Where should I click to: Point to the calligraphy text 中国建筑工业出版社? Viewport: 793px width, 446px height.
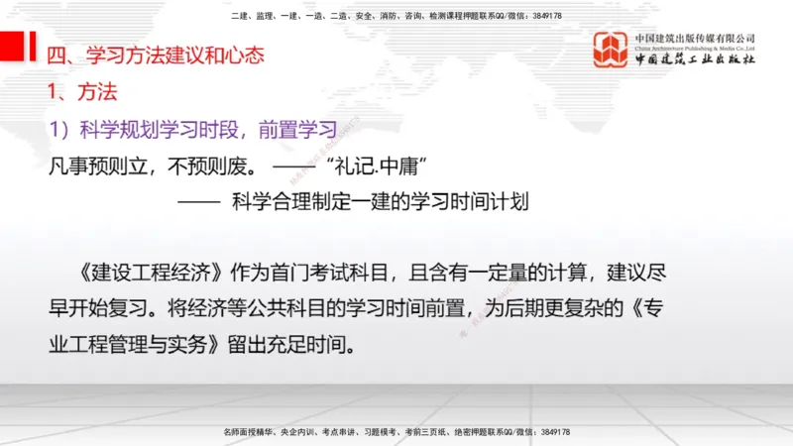[x=695, y=59]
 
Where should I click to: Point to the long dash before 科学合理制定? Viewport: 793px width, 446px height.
[x=198, y=202]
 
